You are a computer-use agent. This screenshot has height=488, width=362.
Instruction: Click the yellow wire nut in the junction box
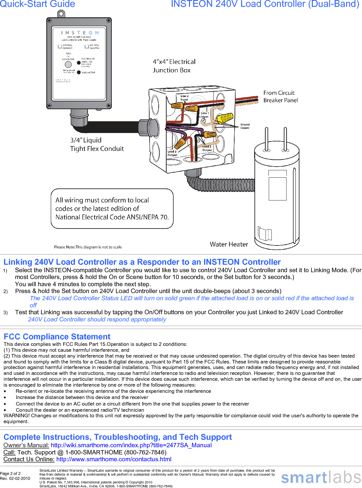pyautogui.click(x=225, y=118)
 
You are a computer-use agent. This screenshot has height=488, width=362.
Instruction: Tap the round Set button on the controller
pyautogui.click(x=68, y=64)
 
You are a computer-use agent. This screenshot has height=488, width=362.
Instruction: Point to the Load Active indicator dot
pyautogui.click(x=79, y=72)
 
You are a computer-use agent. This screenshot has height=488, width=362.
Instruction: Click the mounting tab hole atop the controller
pyautogui.click(x=61, y=14)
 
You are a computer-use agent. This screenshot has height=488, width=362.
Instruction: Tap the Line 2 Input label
pyautogui.click(x=184, y=98)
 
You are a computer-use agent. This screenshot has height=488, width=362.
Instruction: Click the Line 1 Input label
pyautogui.click(x=205, y=115)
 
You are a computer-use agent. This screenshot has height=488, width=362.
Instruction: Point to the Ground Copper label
pyautogui.click(x=245, y=126)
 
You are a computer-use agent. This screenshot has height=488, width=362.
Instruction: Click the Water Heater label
pyautogui.click(x=229, y=244)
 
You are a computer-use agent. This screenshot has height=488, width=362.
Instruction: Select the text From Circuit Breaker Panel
pyautogui.click(x=280, y=96)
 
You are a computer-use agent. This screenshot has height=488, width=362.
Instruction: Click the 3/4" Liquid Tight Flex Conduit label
pyautogui.click(x=97, y=144)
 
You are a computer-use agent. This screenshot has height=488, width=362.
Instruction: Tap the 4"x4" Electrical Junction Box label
pyautogui.click(x=174, y=66)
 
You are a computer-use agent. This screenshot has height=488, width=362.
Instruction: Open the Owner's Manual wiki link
pyautogui.click(x=131, y=445)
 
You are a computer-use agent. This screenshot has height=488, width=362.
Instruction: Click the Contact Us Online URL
pyautogui.click(x=114, y=459)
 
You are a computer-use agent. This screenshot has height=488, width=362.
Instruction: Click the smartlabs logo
pyautogui.click(x=321, y=477)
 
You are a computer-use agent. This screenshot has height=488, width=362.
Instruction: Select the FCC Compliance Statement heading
pyautogui.click(x=57, y=337)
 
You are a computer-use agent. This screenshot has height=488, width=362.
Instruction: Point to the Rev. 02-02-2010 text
pyautogui.click(x=15, y=479)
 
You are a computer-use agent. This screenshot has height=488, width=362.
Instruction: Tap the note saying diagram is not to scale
pyautogui.click(x=88, y=247)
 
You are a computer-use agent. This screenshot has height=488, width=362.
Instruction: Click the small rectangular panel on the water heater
pyautogui.click(x=277, y=188)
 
